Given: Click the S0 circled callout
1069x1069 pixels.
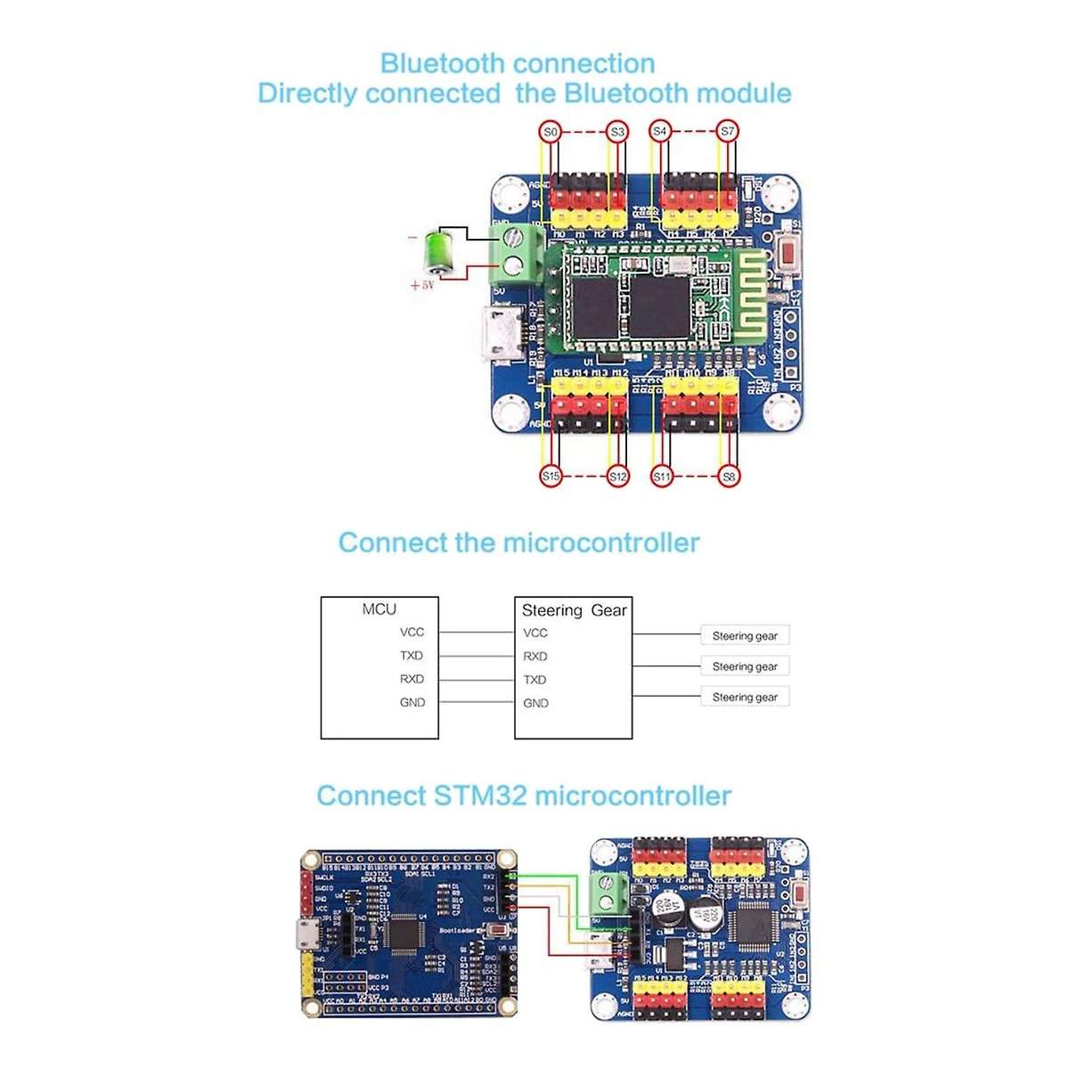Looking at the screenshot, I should (x=551, y=132).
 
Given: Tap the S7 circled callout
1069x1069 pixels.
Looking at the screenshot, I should (x=728, y=132).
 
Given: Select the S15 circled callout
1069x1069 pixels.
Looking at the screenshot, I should (x=551, y=477).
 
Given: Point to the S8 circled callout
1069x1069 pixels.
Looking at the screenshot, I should (x=729, y=477).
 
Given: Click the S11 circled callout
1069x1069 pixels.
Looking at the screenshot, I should (x=661, y=477).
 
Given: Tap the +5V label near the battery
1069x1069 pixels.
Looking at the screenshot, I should (x=421, y=286).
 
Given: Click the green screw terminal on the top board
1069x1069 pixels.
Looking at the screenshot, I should (x=516, y=251).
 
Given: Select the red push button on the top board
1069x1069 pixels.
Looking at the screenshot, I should (x=787, y=253).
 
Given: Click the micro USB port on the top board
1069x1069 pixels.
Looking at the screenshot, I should (x=502, y=337).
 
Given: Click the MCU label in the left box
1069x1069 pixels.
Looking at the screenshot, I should (x=379, y=609).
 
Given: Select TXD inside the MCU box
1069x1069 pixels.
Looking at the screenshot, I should (x=412, y=656).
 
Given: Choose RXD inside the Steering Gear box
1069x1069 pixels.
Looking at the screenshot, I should (x=535, y=657).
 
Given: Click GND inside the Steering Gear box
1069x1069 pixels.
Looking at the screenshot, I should (x=535, y=703).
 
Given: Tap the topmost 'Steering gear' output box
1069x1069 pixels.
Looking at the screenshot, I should (x=745, y=636).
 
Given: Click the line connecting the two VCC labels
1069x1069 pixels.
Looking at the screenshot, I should (x=476, y=632).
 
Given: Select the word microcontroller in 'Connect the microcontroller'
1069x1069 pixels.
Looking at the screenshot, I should (x=601, y=543).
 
